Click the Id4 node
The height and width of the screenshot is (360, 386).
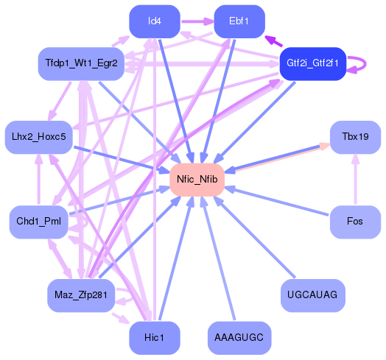click(x=154, y=21)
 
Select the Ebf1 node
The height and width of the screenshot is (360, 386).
click(x=239, y=21)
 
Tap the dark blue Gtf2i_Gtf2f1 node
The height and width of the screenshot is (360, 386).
click(x=313, y=64)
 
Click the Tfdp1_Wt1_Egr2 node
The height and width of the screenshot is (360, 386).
click(x=81, y=64)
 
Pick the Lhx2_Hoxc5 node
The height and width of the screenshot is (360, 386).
click(x=39, y=137)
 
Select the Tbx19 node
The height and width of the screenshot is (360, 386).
click(x=354, y=137)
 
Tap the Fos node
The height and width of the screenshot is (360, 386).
click(x=354, y=222)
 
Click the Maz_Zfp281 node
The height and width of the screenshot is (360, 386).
click(x=81, y=295)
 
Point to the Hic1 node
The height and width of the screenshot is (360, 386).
click(x=154, y=338)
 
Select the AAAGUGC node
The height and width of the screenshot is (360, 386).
click(x=239, y=338)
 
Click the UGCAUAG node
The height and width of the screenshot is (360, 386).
click(x=313, y=295)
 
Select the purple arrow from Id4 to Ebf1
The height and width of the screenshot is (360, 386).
click(x=197, y=21)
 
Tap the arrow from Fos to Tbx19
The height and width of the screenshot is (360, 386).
click(x=354, y=180)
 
